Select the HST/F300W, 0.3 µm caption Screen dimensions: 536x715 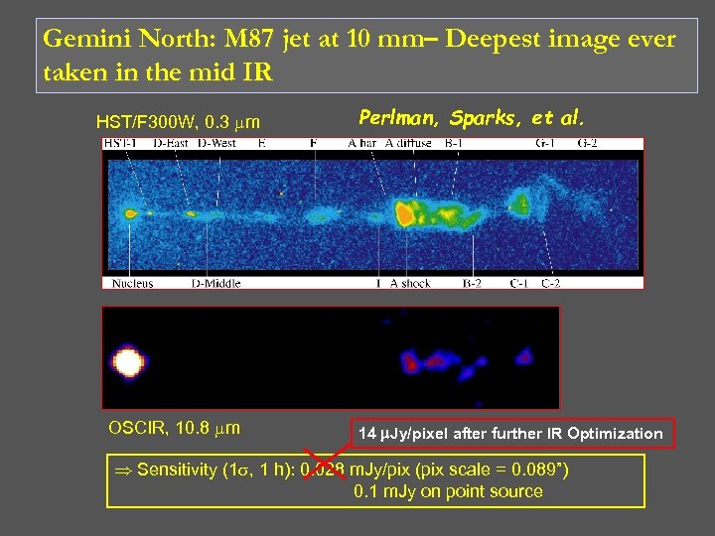[178, 122]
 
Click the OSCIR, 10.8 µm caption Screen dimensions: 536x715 [173, 428]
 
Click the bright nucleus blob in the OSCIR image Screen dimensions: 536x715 [126, 361]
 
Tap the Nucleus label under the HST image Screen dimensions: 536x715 [133, 283]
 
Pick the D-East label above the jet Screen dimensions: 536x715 [171, 144]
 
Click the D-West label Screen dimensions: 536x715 [216, 144]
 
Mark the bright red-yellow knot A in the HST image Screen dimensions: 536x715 [404, 213]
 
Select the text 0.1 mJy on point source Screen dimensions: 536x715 [448, 491]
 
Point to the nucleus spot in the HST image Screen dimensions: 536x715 [129, 211]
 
